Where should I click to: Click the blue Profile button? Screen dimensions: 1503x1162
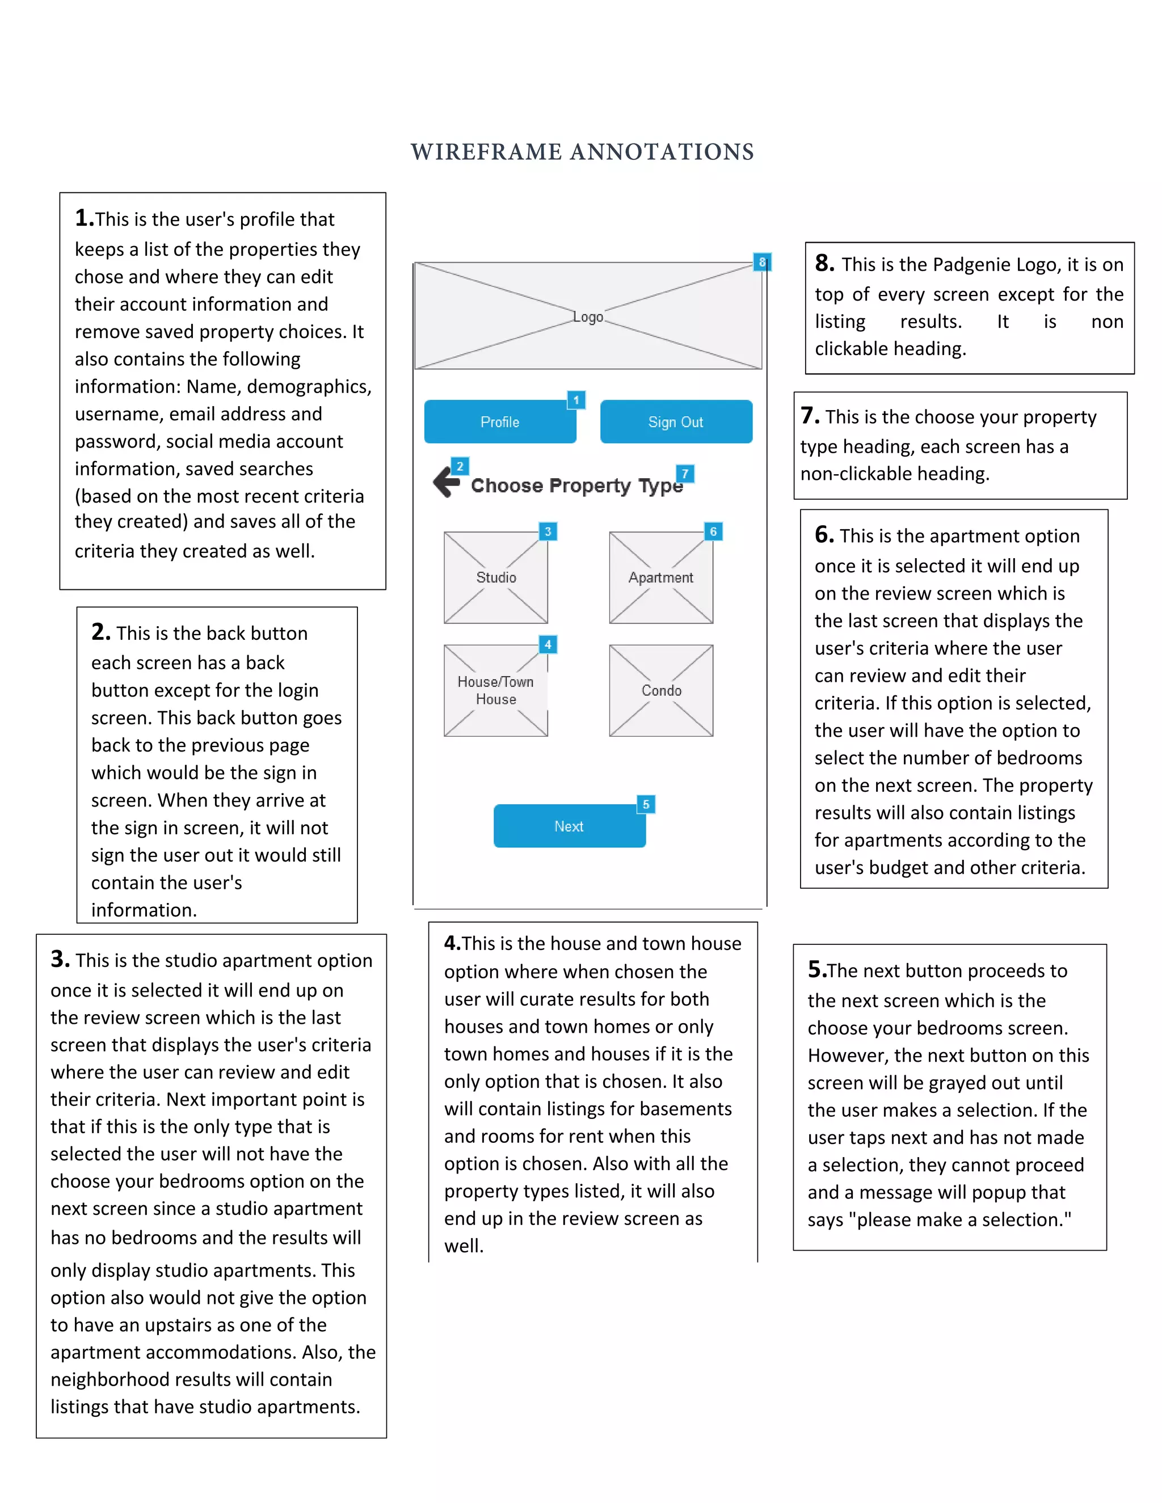click(x=500, y=422)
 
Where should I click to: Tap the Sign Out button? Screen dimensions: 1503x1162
click(x=675, y=422)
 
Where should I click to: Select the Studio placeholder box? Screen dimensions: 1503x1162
click(x=496, y=577)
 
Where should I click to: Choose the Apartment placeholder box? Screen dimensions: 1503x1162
click(x=661, y=577)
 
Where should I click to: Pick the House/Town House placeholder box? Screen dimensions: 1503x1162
click(x=496, y=690)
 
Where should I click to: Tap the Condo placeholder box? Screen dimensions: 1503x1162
click(x=661, y=690)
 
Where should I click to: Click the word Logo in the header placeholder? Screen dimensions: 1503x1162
click(x=588, y=316)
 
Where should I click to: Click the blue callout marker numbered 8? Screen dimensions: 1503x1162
click(x=761, y=262)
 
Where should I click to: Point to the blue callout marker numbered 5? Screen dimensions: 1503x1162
click(x=646, y=804)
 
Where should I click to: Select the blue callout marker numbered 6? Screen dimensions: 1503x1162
click(x=713, y=531)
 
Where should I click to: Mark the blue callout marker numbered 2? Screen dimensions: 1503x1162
click(x=460, y=466)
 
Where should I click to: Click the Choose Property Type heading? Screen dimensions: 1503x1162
click(x=576, y=486)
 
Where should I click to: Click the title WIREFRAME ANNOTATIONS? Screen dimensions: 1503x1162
click(x=582, y=152)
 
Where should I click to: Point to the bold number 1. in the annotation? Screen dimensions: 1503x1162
click(x=84, y=218)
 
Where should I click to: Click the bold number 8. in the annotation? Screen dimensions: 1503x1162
click(x=824, y=264)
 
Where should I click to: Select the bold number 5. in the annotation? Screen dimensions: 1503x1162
click(x=816, y=970)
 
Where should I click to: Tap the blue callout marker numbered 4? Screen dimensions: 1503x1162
click(x=548, y=644)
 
